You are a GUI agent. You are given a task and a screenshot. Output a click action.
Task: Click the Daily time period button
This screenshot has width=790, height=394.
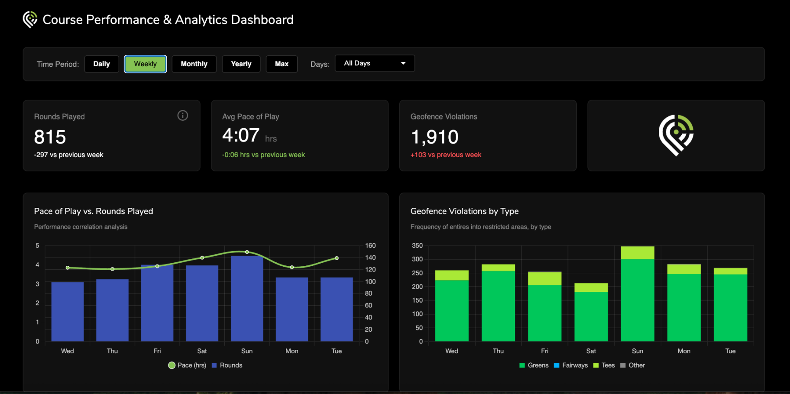(x=102, y=64)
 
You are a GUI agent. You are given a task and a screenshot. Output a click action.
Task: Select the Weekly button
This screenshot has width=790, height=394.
(x=146, y=64)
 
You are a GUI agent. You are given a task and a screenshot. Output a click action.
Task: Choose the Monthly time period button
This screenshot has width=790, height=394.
(x=194, y=64)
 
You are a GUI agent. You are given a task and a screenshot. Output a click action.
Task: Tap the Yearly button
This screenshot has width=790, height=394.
(x=241, y=64)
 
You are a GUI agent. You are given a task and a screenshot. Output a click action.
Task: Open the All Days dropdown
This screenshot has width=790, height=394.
(x=375, y=63)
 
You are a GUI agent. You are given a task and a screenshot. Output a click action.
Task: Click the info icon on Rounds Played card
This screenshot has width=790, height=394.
(x=183, y=116)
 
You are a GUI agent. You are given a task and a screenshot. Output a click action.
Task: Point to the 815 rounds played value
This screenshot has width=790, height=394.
(x=50, y=137)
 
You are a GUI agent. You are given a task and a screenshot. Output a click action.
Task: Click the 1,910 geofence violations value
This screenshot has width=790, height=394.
(x=434, y=137)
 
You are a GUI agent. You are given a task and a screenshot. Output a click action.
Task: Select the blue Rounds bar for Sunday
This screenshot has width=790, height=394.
(x=247, y=298)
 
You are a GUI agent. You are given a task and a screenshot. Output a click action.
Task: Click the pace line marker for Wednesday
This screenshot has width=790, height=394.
(x=68, y=268)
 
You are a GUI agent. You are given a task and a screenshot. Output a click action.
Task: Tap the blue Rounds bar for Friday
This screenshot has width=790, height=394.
(x=157, y=303)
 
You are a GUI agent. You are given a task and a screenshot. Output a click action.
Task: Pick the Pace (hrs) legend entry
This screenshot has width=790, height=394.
(x=187, y=365)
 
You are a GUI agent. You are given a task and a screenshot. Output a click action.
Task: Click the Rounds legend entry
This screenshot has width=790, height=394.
(x=227, y=365)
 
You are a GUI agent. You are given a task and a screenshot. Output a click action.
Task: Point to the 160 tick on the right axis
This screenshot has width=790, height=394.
(x=370, y=245)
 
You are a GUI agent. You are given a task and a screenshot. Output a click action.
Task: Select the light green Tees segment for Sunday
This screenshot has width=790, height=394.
(x=638, y=253)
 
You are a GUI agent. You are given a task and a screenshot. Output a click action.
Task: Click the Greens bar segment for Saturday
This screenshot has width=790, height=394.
(x=591, y=316)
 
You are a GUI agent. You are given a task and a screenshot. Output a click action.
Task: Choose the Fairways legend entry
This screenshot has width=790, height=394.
(x=571, y=365)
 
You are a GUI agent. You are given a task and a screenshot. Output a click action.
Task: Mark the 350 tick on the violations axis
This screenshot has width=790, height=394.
(x=418, y=245)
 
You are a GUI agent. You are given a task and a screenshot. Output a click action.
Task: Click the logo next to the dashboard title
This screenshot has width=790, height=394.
(x=30, y=19)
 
